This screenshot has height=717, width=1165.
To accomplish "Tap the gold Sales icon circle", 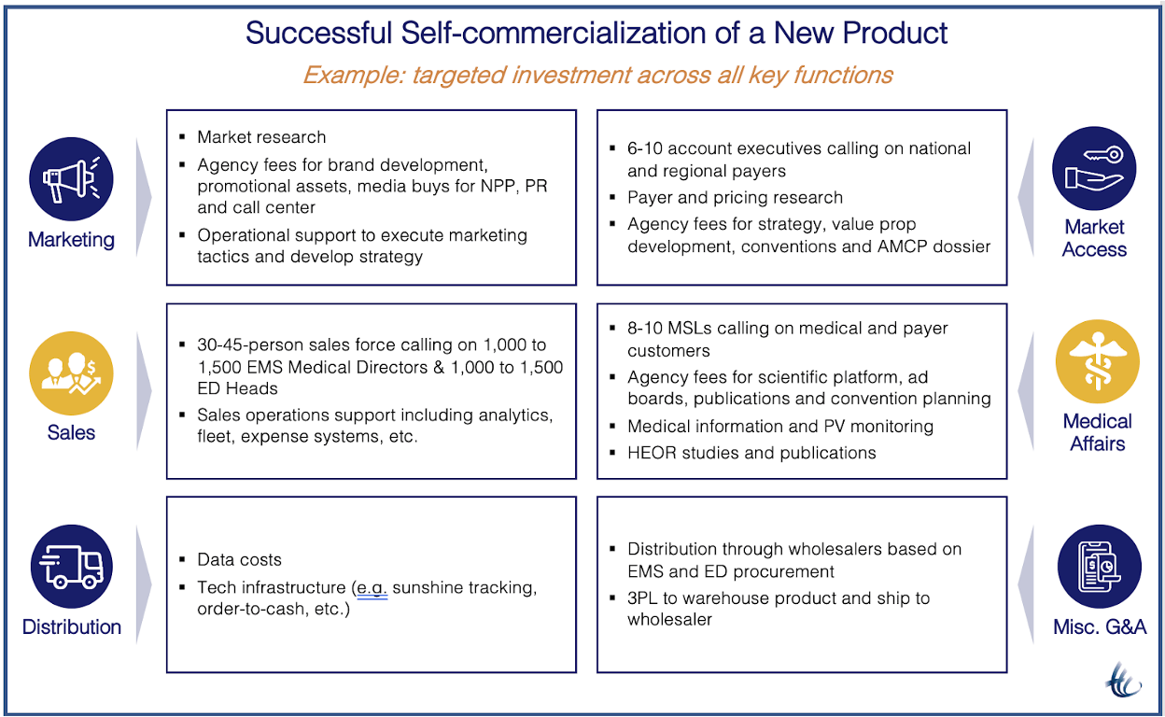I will point(71,373).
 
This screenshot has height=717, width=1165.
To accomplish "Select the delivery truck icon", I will point(71,567).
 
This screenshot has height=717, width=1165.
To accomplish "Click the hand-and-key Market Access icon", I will point(1094,169).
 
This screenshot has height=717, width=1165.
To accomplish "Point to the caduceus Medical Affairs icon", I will point(1097,362).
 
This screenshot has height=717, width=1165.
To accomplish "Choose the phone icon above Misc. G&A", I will point(1099,567).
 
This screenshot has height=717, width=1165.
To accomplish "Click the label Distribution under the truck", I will point(72,626).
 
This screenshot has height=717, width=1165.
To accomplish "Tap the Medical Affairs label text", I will point(1097,432).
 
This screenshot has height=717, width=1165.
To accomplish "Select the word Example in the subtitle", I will point(354,75).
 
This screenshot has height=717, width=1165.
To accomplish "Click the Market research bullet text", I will point(261,137).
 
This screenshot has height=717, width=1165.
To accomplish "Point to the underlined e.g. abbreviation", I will point(372,588).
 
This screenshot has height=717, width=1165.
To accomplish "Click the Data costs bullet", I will point(239,560).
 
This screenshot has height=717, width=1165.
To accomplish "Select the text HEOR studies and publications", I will point(751,453).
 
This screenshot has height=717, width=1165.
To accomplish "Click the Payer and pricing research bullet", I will point(735,197).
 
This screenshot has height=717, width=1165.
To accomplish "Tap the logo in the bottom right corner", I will point(1123,679).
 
